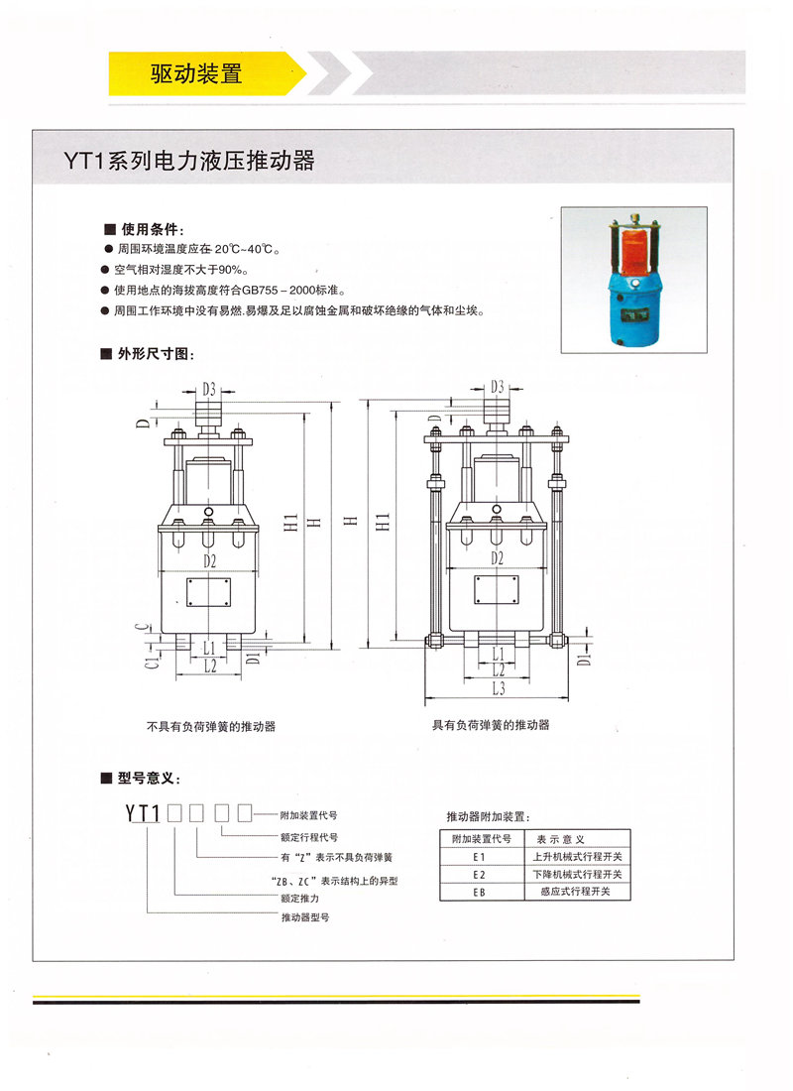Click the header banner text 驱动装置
(x=195, y=73)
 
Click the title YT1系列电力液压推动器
(x=189, y=160)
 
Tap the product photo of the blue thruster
(x=633, y=279)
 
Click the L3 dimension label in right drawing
(x=497, y=687)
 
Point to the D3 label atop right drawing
(x=497, y=387)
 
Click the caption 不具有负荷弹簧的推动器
(x=210, y=726)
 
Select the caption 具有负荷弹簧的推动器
(x=490, y=725)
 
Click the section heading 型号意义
(x=148, y=778)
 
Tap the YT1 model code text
(x=143, y=814)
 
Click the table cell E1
(x=481, y=856)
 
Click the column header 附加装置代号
(x=481, y=838)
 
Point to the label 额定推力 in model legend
(x=299, y=899)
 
